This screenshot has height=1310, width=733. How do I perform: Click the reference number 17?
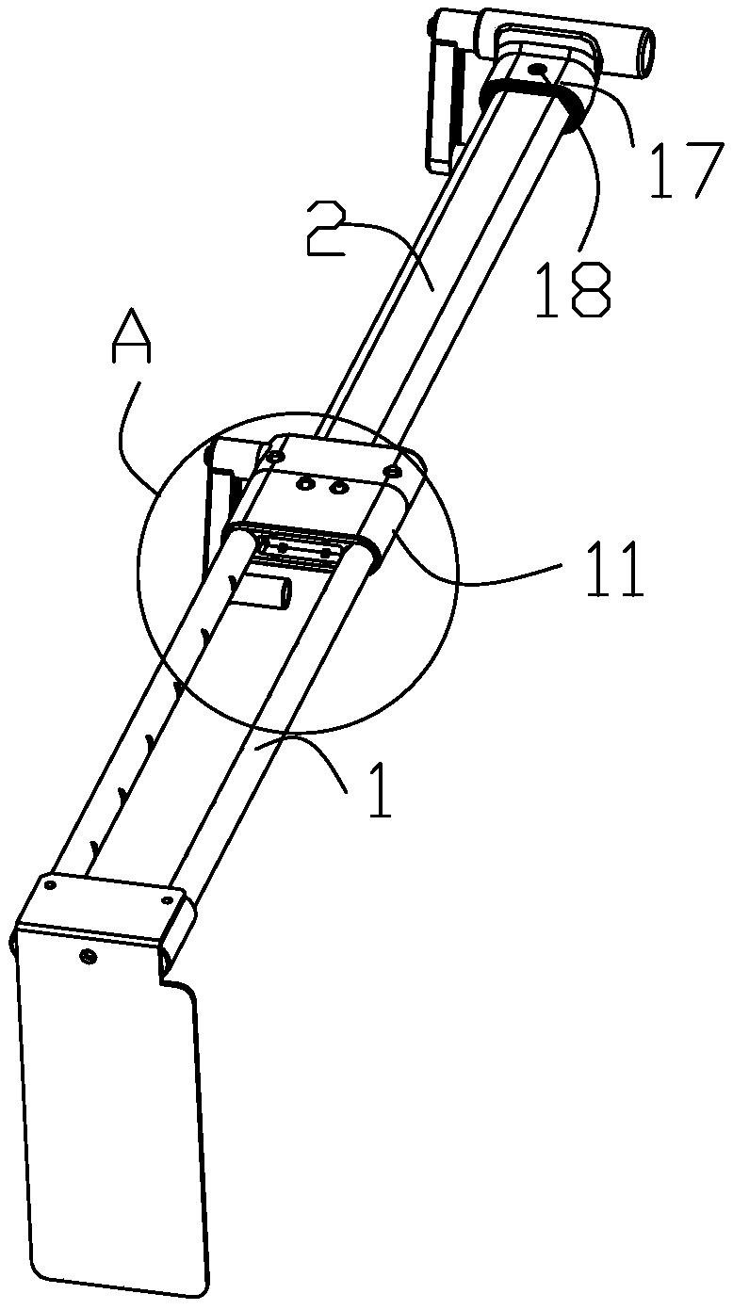682,170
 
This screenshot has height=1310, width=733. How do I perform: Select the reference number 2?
326,227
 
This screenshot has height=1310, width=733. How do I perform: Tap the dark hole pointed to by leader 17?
538,71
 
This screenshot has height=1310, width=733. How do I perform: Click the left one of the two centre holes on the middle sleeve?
304,483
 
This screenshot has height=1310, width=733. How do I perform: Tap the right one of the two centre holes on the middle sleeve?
335,487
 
